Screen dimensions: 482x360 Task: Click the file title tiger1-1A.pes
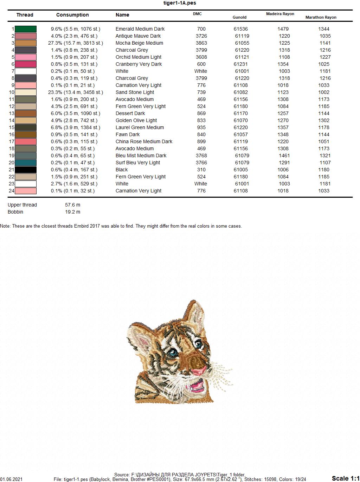click(180, 3)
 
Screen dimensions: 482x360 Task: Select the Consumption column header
click(72, 15)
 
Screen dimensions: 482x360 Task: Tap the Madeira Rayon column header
click(280, 14)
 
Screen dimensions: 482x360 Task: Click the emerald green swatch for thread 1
click(26, 29)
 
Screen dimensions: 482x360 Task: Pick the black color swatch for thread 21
click(26, 170)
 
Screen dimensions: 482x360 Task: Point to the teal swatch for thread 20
click(26, 163)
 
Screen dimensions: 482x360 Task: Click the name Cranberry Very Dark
click(139, 64)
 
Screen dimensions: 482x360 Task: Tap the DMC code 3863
click(201, 43)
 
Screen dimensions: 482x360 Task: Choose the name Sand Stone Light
click(135, 92)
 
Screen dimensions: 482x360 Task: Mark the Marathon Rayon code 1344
click(323, 29)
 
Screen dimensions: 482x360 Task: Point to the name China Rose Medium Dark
click(144, 141)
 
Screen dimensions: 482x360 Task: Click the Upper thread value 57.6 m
click(72, 205)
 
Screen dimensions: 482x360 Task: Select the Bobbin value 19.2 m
click(72, 212)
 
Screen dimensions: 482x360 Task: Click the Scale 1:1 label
click(345, 478)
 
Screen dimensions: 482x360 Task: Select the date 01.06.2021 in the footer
click(11, 480)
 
